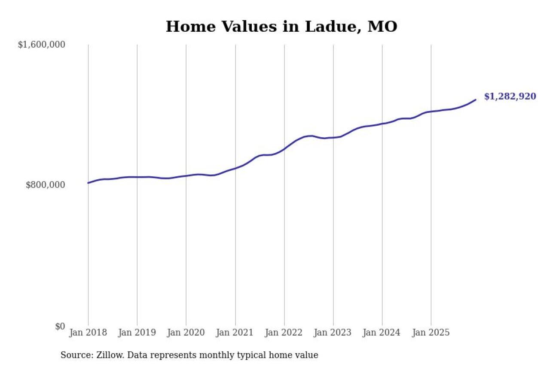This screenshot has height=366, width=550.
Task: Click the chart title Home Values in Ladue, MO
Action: [281, 27]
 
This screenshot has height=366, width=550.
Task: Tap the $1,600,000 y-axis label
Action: [41, 45]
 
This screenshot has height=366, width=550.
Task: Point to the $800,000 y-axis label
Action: [46, 185]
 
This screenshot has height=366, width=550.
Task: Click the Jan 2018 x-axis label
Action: [88, 333]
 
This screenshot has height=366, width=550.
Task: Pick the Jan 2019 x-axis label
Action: [137, 333]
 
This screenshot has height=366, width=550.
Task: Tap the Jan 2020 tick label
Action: [186, 333]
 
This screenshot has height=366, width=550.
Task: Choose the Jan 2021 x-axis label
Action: [235, 333]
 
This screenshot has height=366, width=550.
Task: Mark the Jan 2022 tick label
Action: [284, 333]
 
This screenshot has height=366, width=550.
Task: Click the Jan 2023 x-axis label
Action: [333, 333]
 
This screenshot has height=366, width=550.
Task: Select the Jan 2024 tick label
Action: [382, 333]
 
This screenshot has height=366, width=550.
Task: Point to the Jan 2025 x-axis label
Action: [431, 333]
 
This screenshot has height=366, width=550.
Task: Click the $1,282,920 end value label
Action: [510, 97]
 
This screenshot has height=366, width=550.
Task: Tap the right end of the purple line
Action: [475, 100]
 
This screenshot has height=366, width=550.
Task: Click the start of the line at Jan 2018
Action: [89, 183]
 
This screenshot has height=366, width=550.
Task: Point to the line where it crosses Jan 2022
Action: [284, 149]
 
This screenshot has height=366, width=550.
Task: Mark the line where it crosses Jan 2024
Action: [382, 124]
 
